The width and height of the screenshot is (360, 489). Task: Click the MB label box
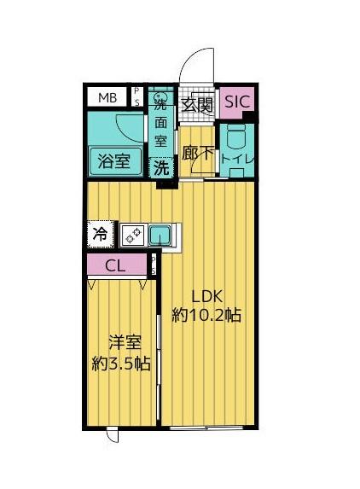point(107,96)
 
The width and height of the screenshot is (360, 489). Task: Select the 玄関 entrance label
point(198,104)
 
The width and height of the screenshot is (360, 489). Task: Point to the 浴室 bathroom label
point(113,160)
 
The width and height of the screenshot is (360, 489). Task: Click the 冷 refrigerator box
point(101,232)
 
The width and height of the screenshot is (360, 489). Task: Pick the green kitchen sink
point(160,234)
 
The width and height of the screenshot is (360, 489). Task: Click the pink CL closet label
point(116,266)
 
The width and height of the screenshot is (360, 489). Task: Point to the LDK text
point(206,297)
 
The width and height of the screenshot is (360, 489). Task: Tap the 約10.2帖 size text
point(206,316)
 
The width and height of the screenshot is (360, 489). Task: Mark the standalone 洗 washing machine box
point(160,168)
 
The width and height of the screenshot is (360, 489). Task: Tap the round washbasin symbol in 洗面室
point(160,95)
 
